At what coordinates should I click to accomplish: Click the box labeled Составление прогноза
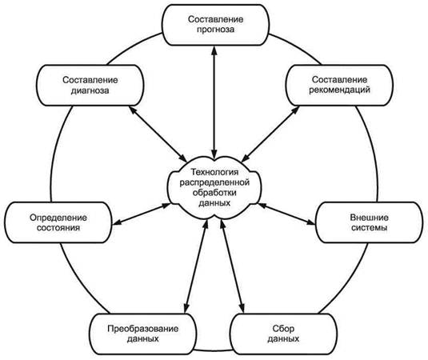(215, 25)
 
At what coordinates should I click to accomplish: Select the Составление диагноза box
(90, 85)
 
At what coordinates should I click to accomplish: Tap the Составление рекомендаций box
(339, 85)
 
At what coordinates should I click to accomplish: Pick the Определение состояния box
(58, 222)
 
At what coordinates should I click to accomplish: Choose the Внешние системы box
(369, 222)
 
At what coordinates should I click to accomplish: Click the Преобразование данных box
(143, 334)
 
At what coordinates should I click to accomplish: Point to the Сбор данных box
(283, 334)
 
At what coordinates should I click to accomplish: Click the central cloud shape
(214, 187)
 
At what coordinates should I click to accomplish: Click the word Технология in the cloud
(214, 172)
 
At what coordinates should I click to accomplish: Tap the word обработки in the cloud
(214, 193)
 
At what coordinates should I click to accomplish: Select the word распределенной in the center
(214, 182)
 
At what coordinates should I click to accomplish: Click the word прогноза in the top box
(216, 30)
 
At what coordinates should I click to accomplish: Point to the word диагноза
(90, 90)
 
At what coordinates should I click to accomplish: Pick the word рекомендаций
(339, 90)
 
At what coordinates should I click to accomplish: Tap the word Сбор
(283, 329)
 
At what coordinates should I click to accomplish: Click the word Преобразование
(143, 329)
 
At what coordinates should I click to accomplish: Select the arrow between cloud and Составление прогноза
(214, 102)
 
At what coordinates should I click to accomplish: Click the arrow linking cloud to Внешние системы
(287, 214)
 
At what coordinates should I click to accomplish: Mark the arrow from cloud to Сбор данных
(232, 266)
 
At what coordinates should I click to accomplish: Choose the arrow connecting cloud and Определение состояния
(142, 214)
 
